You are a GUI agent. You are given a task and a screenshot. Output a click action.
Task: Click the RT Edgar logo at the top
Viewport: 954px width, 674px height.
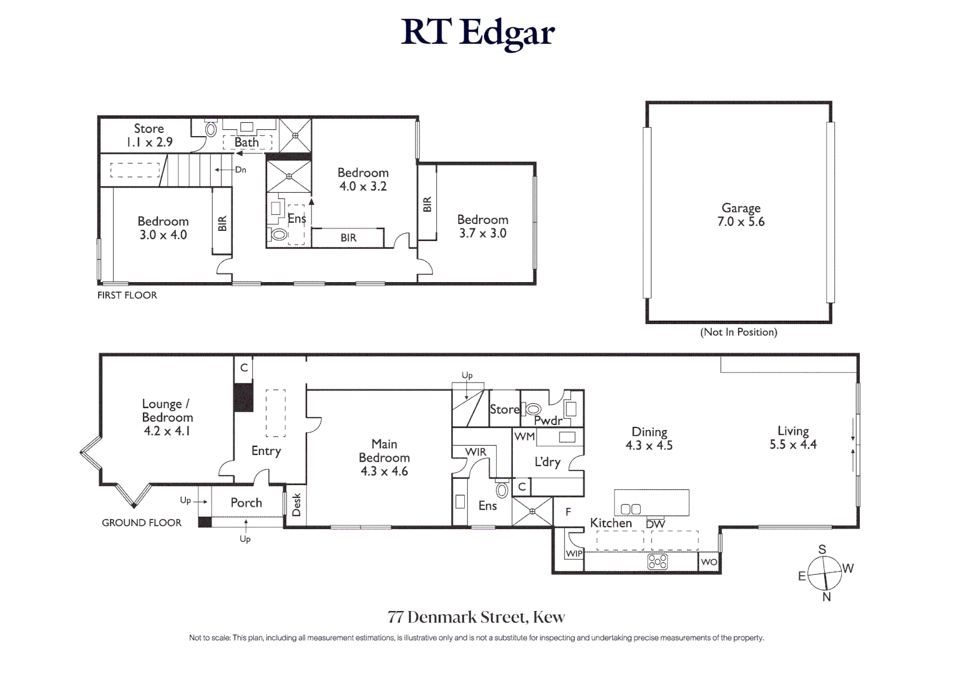click(477, 32)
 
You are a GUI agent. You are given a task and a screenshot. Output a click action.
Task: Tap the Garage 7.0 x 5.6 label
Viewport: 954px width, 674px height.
click(741, 215)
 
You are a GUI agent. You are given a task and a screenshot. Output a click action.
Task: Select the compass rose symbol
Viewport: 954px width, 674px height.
click(824, 573)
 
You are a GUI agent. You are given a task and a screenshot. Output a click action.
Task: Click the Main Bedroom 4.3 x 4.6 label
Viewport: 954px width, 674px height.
click(384, 457)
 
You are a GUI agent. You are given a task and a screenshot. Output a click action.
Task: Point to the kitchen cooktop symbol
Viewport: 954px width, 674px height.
click(658, 562)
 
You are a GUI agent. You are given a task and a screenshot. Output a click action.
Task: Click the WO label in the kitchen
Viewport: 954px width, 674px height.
click(709, 562)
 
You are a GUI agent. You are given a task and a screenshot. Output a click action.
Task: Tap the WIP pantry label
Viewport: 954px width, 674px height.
click(574, 554)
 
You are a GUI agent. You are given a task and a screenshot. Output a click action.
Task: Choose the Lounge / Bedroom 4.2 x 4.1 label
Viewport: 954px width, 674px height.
click(167, 417)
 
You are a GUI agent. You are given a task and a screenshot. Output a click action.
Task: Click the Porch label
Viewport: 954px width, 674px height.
click(246, 502)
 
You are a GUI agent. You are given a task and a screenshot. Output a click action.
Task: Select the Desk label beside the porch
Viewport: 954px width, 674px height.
click(296, 505)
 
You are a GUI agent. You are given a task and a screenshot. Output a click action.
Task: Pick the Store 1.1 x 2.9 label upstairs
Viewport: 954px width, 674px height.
click(149, 135)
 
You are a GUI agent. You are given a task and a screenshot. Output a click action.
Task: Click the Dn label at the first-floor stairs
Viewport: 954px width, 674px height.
click(240, 170)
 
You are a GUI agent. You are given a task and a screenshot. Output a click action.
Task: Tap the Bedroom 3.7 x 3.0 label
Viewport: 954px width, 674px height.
click(482, 226)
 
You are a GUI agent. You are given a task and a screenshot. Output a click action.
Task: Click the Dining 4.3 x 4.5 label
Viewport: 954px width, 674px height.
click(649, 438)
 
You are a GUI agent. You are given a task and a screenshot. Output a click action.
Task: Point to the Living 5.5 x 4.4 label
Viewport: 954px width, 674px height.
click(793, 437)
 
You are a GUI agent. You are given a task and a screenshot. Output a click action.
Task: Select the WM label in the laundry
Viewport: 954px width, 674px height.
click(525, 436)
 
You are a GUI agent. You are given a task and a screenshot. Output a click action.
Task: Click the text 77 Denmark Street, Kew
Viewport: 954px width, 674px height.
click(476, 617)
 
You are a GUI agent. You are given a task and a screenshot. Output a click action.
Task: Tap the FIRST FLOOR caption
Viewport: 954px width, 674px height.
click(127, 295)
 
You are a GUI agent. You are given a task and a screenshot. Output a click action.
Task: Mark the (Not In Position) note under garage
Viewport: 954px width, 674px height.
click(739, 332)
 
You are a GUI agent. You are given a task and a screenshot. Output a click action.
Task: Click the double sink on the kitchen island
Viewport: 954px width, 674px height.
click(631, 509)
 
